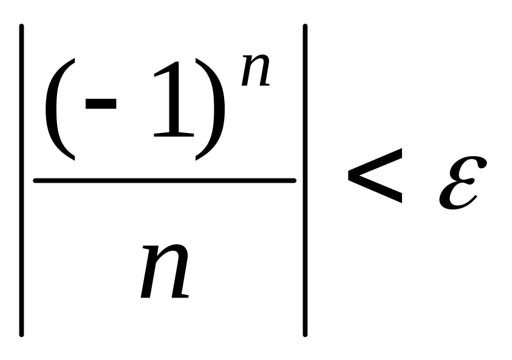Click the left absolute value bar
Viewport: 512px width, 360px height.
point(22,180)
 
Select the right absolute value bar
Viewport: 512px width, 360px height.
point(305,180)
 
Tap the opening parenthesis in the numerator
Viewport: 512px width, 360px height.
point(60,109)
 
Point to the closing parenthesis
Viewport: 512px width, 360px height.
point(210,109)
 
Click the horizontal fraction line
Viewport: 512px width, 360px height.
point(164,180)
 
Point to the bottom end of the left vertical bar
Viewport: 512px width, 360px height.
point(22,334)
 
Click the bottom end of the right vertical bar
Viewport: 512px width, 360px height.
point(305,334)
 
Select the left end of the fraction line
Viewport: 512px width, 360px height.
point(35,180)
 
